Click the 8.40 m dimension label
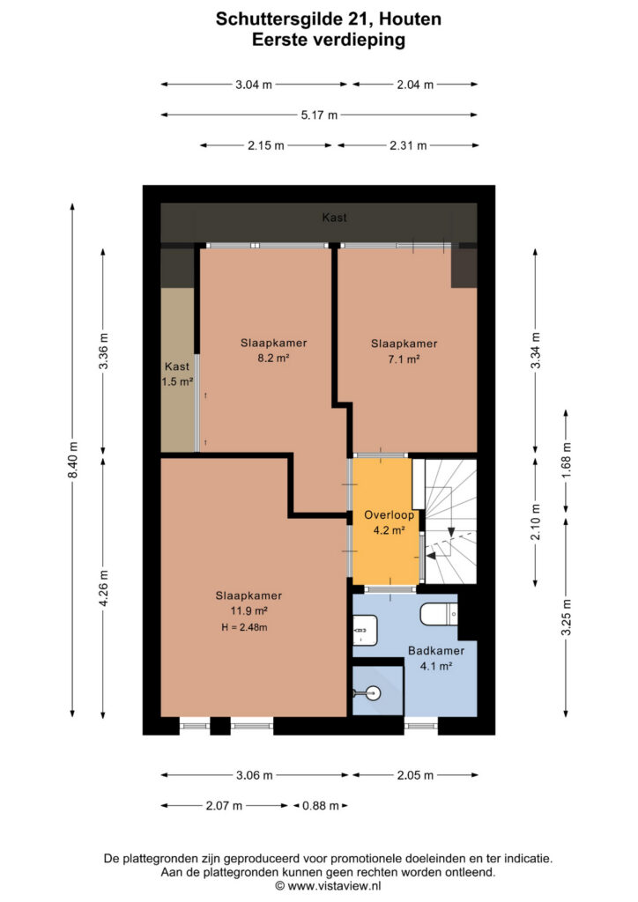tap(72, 460)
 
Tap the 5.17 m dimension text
tap(319, 115)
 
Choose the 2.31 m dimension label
tap(408, 145)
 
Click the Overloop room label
tap(389, 514)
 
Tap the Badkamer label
tap(436, 651)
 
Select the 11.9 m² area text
tap(249, 611)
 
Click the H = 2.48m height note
tap(244, 627)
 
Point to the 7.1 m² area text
tap(404, 359)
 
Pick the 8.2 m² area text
tap(273, 358)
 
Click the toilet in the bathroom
tap(439, 614)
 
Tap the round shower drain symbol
tap(374, 693)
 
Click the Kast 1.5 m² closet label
tap(177, 373)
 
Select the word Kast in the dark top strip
tap(334, 218)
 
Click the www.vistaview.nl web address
tap(334, 886)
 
